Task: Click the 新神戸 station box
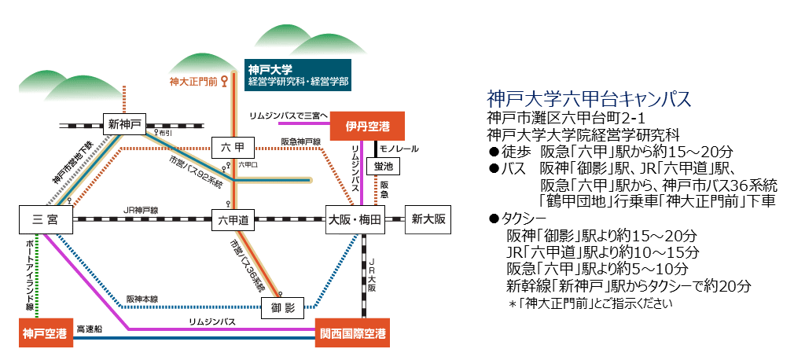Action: tap(125, 123)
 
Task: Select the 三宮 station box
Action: tap(47, 220)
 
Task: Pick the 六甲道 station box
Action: tap(233, 221)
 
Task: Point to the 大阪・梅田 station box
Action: tap(355, 220)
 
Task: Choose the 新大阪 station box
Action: tap(428, 220)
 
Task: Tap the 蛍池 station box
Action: tap(386, 166)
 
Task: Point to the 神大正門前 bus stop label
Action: tap(194, 80)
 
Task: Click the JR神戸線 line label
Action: tap(142, 210)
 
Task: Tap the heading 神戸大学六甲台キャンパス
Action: tap(589, 100)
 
